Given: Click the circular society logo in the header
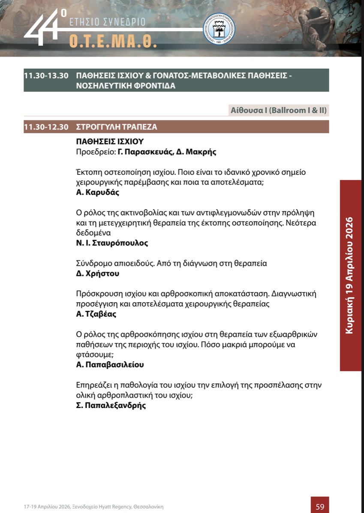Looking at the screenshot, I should point(219,28).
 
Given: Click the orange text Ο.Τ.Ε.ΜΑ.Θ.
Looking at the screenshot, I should point(113,40).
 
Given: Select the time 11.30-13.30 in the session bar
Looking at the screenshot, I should point(46,75).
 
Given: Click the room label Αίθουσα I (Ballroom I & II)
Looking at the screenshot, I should point(280,110).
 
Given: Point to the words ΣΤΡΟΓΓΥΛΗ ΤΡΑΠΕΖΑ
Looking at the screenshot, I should point(117,127).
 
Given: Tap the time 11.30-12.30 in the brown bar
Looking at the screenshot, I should point(46,127).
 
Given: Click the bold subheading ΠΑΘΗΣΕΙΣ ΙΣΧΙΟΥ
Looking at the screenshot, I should point(110,141).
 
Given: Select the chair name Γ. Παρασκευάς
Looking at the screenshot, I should point(144,152).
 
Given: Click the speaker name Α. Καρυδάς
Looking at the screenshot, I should point(97,192).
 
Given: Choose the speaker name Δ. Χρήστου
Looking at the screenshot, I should point(97,273).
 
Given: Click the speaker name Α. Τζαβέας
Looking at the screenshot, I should point(96,314).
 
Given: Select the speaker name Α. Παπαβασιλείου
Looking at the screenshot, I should point(110,365).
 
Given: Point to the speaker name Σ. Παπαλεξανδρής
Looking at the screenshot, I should point(111,405).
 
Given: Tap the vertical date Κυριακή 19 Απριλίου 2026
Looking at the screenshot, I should point(350,275).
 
